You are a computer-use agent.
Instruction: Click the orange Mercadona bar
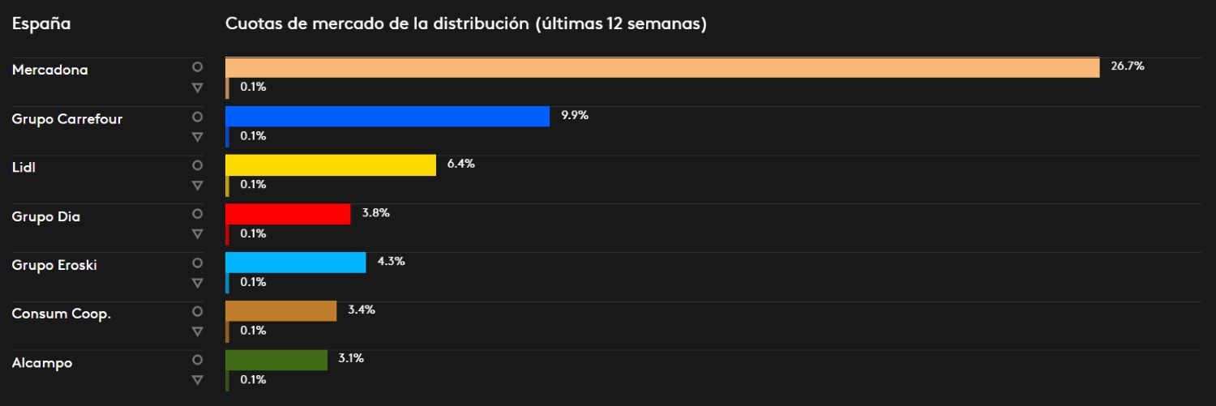click(662, 67)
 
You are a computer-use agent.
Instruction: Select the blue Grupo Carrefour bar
click(387, 116)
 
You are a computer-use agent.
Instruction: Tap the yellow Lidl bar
click(331, 165)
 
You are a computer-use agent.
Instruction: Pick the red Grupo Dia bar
click(288, 214)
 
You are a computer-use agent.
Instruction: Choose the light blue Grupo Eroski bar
click(296, 263)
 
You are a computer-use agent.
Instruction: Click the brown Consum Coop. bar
click(280, 311)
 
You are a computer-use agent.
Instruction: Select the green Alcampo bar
click(276, 360)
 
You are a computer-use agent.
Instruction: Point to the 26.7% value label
click(1127, 66)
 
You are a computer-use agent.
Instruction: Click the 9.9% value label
click(574, 115)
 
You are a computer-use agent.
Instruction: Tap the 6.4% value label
click(460, 164)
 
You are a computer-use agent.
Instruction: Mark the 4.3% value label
click(391, 261)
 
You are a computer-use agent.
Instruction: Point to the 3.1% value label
click(350, 358)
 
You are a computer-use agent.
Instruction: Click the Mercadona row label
click(50, 71)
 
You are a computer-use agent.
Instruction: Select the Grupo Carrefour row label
click(67, 119)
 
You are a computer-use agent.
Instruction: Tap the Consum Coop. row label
click(61, 314)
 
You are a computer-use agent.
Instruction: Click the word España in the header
click(41, 24)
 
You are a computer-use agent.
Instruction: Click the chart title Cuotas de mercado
click(466, 24)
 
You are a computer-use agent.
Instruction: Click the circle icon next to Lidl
click(196, 165)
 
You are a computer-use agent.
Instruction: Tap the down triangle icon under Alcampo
click(196, 380)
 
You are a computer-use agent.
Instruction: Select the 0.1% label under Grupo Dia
click(253, 233)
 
